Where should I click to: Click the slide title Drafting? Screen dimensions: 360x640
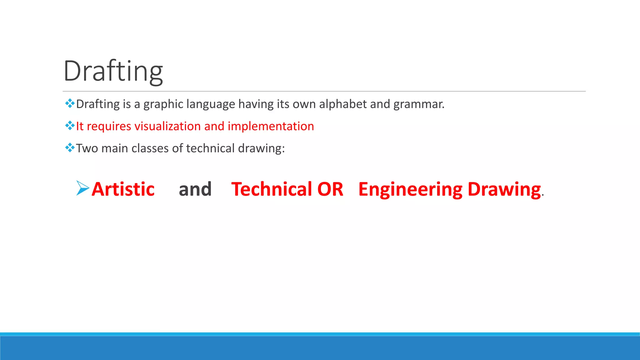[x=113, y=71]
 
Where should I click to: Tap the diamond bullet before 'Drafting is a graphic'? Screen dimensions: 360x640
[x=70, y=103]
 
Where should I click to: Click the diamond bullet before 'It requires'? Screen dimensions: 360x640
[x=70, y=126]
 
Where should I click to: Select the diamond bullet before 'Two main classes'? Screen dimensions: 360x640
[x=70, y=147]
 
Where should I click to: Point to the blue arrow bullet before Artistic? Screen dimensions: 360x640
[x=82, y=188]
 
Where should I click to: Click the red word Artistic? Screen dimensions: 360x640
[x=123, y=189]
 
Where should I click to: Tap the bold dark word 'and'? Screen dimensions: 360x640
[x=195, y=189]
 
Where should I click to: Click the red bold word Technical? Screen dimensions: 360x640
[x=272, y=189]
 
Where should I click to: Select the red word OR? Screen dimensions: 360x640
[x=330, y=189]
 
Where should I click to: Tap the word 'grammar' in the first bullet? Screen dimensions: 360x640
[x=418, y=104]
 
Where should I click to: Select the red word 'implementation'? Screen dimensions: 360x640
[x=271, y=126]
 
